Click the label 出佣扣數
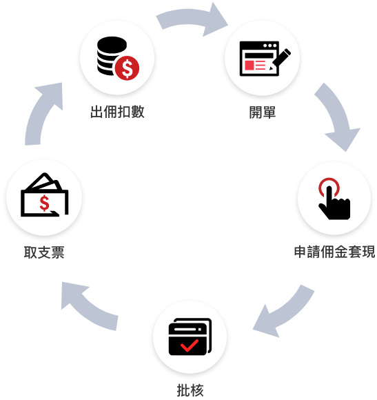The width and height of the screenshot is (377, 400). click(117, 112)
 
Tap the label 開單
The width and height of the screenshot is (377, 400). click(263, 112)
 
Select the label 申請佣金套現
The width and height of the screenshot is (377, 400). click(334, 252)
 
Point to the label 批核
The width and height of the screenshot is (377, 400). click(190, 390)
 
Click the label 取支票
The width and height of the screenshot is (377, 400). click(44, 252)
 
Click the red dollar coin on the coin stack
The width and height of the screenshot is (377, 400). click(127, 68)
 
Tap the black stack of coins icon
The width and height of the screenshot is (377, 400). click(112, 56)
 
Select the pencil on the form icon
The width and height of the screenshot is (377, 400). click(280, 59)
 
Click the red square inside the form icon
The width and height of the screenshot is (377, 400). click(249, 66)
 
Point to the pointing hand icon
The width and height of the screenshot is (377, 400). click(334, 203)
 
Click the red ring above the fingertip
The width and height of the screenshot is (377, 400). click(329, 187)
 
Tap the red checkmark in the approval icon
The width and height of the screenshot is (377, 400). click(189, 345)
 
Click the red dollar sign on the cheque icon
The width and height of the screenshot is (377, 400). click(44, 203)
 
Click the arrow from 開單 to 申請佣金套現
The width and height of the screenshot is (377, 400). click(336, 116)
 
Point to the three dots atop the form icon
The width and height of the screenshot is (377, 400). click(270, 46)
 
